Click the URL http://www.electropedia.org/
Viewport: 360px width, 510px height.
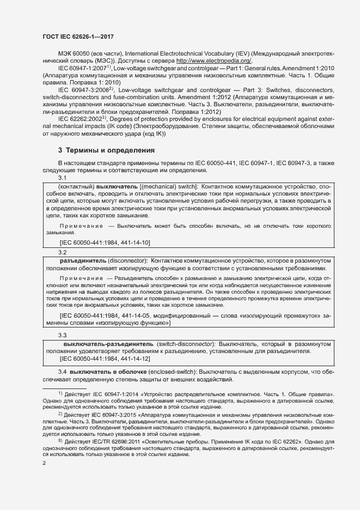(214, 60)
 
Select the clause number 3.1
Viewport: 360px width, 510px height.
(63, 178)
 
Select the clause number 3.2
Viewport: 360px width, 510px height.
(63, 252)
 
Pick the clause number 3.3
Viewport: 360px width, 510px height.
(63, 335)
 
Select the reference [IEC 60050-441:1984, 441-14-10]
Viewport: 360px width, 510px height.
(105, 242)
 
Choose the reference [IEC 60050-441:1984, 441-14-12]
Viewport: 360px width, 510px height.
(105, 359)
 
